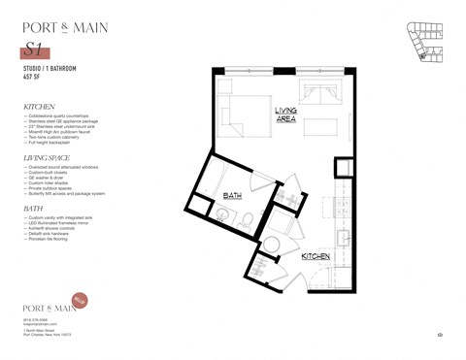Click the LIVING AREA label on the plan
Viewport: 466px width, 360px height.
click(285, 115)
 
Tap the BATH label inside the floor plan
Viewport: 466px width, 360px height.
click(233, 196)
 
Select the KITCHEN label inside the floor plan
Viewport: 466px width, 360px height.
click(316, 256)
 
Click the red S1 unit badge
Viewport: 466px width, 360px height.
click(37, 50)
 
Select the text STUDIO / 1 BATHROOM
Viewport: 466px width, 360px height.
click(50, 70)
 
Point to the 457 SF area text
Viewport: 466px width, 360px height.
click(32, 78)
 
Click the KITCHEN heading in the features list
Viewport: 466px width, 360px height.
click(40, 106)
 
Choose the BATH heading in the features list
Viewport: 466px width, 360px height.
click(33, 208)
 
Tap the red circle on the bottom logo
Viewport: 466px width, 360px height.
click(81, 300)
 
